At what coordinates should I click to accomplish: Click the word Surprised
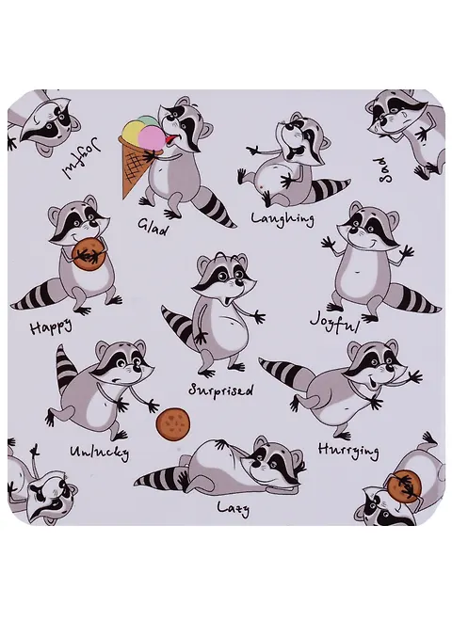pyautogui.click(x=220, y=390)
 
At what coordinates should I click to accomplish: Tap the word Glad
pyautogui.click(x=153, y=227)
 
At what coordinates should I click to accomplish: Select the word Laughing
pyautogui.click(x=282, y=219)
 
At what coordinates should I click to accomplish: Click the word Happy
pyautogui.click(x=52, y=326)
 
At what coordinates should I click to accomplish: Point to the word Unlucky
pyautogui.click(x=100, y=452)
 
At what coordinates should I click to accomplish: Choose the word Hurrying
pyautogui.click(x=348, y=451)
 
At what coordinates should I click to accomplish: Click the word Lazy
pyautogui.click(x=234, y=508)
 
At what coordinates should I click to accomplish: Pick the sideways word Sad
pyautogui.click(x=384, y=170)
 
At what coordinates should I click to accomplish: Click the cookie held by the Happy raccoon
pyautogui.click(x=89, y=255)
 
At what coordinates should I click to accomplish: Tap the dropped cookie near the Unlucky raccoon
pyautogui.click(x=173, y=424)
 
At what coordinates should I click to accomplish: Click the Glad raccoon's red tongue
pyautogui.click(x=170, y=138)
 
